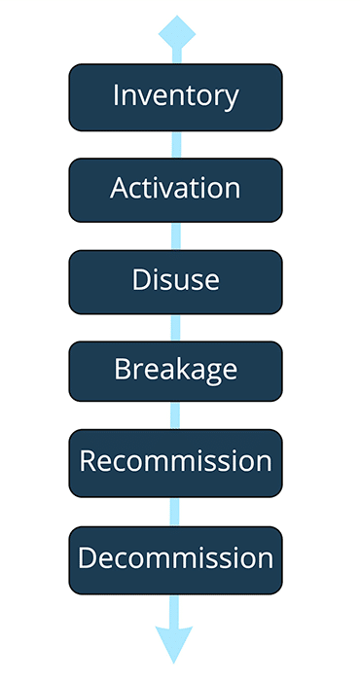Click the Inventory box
pyautogui.click(x=175, y=97)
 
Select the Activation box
pyautogui.click(x=175, y=189)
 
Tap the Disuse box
pyautogui.click(x=175, y=281)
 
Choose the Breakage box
pyautogui.click(x=175, y=371)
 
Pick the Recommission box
pyautogui.click(x=175, y=462)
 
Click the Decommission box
pyautogui.click(x=175, y=559)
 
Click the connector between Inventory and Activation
pyautogui.click(x=176, y=144)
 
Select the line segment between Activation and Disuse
pyautogui.click(x=176, y=236)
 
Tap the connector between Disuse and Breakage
pyautogui.click(x=176, y=326)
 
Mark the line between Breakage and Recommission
pyautogui.click(x=176, y=415)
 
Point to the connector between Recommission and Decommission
pyautogui.click(x=176, y=511)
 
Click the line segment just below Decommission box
pyautogui.click(x=176, y=608)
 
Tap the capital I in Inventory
pyautogui.click(x=117, y=96)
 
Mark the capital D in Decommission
pyautogui.click(x=87, y=558)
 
